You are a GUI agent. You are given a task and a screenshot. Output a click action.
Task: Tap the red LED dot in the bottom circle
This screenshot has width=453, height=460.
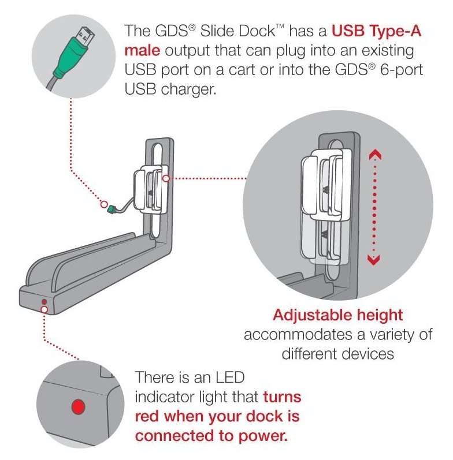(x=79, y=406)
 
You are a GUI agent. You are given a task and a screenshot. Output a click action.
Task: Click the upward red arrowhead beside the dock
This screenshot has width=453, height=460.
(x=375, y=154)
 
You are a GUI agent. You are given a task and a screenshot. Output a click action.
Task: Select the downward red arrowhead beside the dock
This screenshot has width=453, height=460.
(x=373, y=260)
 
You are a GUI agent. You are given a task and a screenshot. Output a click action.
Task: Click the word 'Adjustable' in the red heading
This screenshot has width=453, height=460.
(x=312, y=316)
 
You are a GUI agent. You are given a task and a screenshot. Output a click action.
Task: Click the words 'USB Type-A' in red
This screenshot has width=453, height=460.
(x=376, y=31)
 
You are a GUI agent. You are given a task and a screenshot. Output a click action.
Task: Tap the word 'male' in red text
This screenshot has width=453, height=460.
(x=142, y=50)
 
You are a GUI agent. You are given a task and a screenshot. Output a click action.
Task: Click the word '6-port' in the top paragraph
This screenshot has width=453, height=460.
(x=402, y=70)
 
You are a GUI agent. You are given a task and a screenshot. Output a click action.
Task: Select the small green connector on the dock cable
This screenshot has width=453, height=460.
(x=112, y=209)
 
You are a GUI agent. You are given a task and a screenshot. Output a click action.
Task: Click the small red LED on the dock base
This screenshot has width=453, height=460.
(x=44, y=302)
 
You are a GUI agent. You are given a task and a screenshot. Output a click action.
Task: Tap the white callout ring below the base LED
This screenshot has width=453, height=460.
(x=44, y=309)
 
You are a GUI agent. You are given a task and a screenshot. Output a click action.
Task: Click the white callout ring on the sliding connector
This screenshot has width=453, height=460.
(x=166, y=178)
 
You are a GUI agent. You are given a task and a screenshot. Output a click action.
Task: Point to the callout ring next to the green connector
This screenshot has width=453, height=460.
(x=104, y=204)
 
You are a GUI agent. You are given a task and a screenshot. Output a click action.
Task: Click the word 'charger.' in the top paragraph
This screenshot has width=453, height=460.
(x=188, y=89)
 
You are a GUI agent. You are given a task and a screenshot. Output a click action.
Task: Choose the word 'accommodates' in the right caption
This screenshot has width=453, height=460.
(x=298, y=335)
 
